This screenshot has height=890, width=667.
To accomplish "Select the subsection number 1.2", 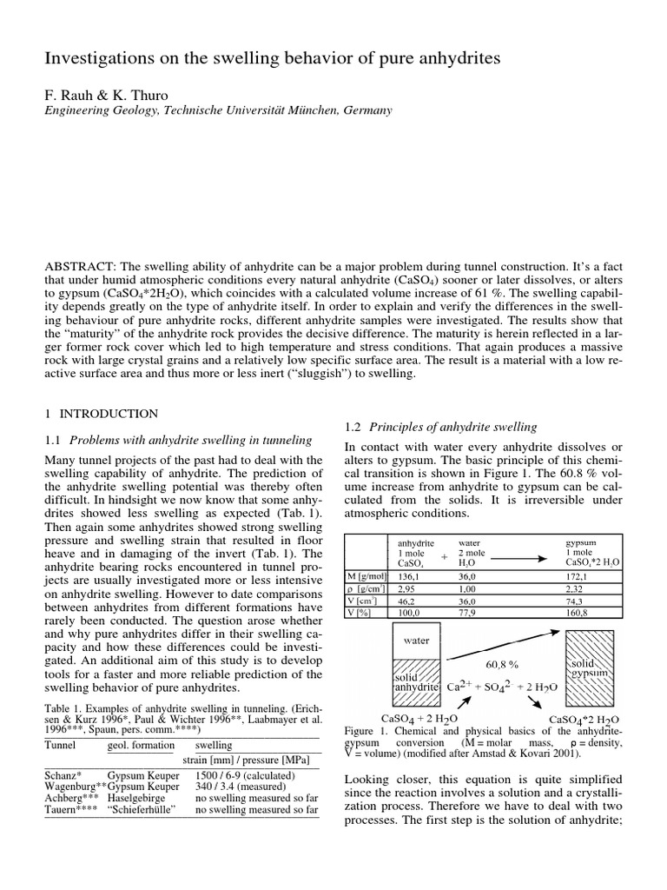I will (x=353, y=427).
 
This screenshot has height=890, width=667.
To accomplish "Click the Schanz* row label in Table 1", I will (x=63, y=775).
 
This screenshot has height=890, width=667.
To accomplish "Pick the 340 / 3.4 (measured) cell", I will (x=241, y=787).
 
